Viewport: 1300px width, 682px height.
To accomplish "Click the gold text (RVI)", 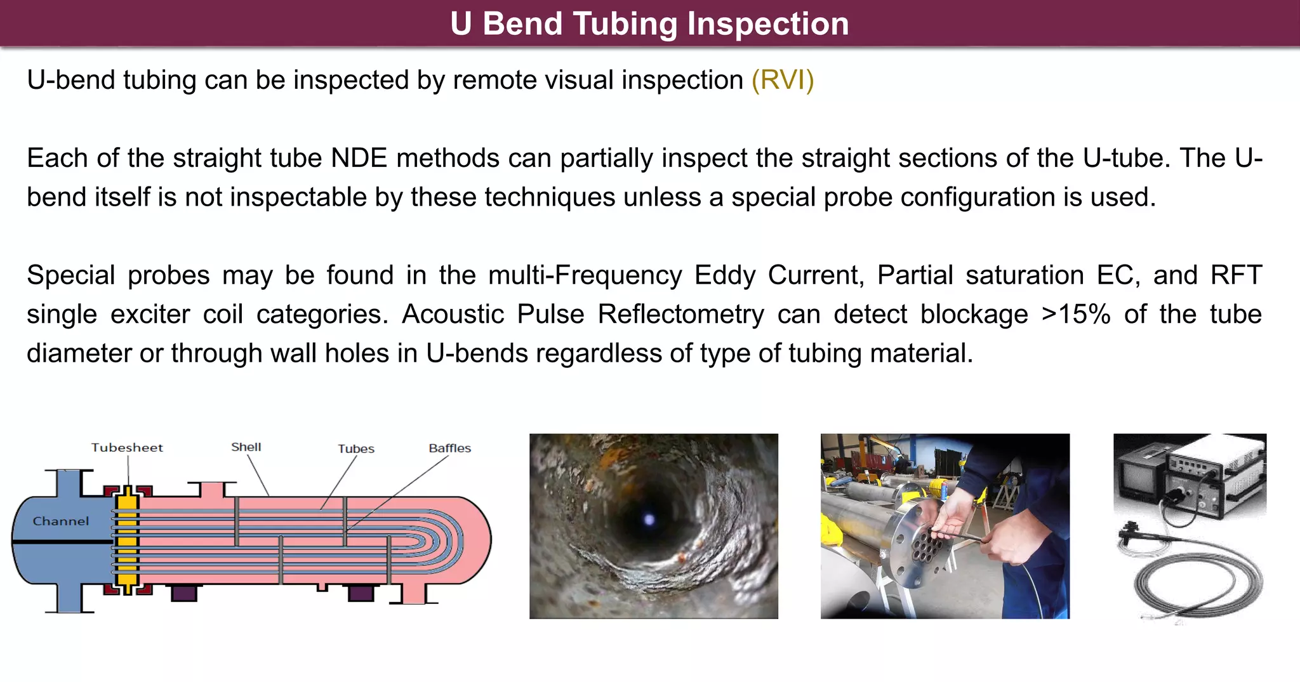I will (x=782, y=81).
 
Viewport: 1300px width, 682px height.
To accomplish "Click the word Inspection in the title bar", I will (x=768, y=24).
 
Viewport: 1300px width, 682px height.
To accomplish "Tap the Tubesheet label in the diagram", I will (x=127, y=448).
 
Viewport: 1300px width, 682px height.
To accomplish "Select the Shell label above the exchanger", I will (x=246, y=447).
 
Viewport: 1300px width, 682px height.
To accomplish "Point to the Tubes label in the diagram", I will (x=356, y=449).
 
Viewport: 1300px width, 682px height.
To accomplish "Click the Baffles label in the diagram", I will (x=449, y=449).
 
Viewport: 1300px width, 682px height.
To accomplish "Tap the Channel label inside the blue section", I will (x=61, y=521).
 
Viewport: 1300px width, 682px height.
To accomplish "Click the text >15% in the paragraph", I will (x=1076, y=315).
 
